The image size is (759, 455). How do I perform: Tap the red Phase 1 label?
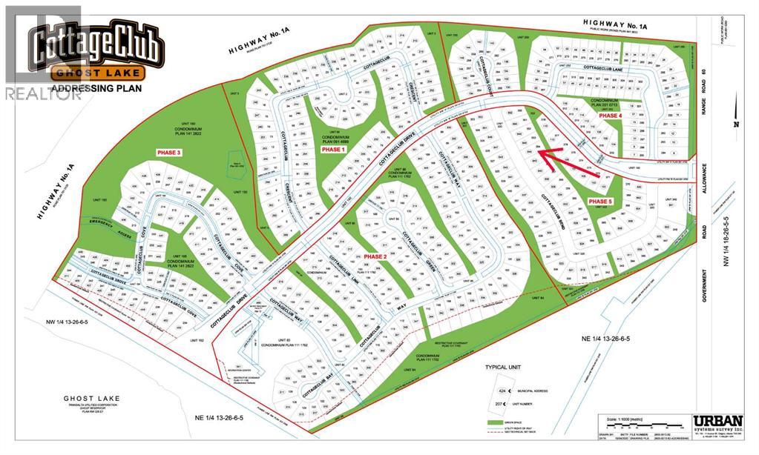333,149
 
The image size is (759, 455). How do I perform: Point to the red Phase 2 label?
375,256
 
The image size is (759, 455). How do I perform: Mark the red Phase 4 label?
610,116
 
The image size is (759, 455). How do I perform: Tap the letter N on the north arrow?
737,124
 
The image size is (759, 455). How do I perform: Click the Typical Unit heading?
505,368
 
